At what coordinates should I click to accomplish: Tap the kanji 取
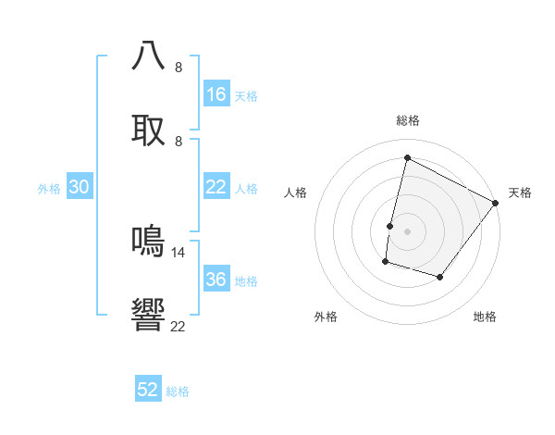(149, 129)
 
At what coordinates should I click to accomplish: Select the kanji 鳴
(149, 241)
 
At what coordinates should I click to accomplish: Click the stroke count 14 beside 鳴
(179, 252)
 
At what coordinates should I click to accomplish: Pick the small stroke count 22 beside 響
(179, 326)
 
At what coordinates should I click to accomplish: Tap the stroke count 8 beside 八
(179, 67)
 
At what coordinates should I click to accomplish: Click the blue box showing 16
(216, 94)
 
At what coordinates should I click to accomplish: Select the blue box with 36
(216, 280)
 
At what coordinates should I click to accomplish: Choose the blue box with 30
(80, 187)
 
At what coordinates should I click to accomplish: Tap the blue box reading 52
(148, 390)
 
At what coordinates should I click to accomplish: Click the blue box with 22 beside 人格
(216, 187)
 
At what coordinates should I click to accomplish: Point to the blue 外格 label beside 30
(49, 189)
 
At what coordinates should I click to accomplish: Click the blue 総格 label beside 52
(178, 391)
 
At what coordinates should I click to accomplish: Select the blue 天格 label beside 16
(246, 96)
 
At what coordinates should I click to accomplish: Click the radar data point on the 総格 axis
(407, 157)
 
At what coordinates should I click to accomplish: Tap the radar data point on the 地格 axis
(440, 278)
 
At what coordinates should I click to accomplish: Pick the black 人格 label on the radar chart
(296, 193)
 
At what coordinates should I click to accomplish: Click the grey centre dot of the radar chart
(407, 231)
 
